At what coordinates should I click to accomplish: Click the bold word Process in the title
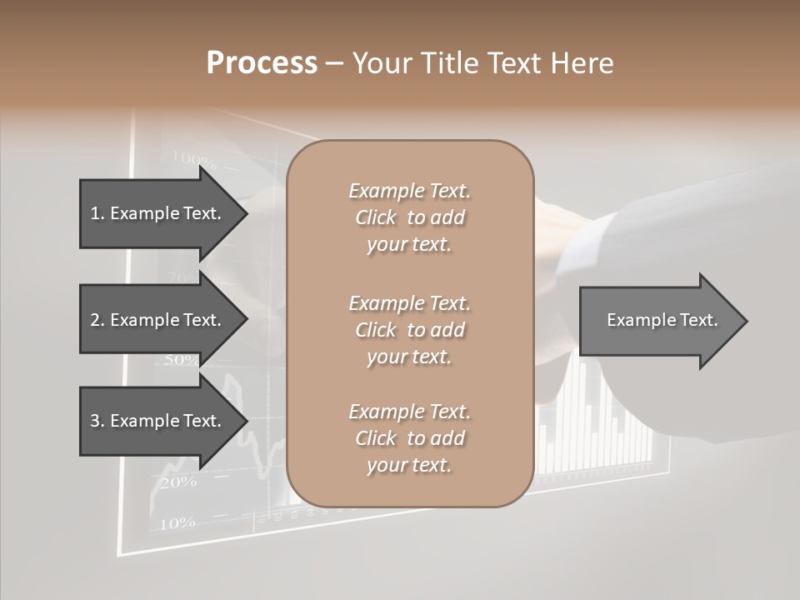coord(262,62)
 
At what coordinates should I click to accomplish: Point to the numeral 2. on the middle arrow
coord(97,320)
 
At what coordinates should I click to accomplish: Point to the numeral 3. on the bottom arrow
coord(97,421)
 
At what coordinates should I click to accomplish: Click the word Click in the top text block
coord(376,217)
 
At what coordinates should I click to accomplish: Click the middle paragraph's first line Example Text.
coord(409,303)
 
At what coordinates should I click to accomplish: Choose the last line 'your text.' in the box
coord(409,465)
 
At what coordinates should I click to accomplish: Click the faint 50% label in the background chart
coord(182,360)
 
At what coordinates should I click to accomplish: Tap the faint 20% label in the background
coord(177,482)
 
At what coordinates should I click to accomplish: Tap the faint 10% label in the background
coord(177,522)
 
